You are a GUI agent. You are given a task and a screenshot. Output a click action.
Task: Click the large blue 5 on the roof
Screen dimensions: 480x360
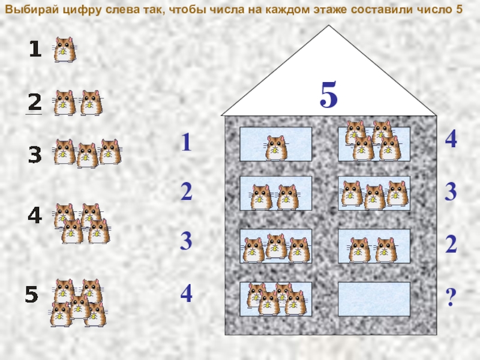click(329, 94)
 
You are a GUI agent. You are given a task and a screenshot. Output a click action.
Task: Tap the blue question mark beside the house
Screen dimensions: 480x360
click(451, 297)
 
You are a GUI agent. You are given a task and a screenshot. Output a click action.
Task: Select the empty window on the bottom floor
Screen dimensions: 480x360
click(374, 299)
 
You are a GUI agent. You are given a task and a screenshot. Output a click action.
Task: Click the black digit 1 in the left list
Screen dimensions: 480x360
click(35, 49)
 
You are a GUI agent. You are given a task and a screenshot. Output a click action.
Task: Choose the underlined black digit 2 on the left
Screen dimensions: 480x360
click(35, 102)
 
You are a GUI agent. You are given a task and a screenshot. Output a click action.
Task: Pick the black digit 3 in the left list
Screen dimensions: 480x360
click(35, 155)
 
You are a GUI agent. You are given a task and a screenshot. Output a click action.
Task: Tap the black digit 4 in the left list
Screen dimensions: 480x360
click(35, 215)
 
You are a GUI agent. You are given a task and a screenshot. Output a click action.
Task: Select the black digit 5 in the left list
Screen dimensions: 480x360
click(31, 294)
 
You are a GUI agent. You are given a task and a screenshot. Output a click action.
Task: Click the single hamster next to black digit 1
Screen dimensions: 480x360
click(65, 50)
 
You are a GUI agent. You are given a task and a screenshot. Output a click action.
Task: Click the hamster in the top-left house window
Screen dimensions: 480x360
click(276, 148)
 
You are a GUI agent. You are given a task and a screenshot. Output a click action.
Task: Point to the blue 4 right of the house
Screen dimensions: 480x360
click(451, 139)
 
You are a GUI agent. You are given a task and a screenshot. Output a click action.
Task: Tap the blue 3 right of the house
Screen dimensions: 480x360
click(451, 191)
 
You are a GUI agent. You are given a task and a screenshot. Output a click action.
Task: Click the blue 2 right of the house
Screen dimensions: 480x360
click(451, 244)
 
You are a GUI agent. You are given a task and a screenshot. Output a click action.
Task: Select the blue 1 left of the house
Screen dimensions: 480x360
click(187, 142)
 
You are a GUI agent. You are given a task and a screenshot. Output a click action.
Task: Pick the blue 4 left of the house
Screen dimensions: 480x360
click(186, 293)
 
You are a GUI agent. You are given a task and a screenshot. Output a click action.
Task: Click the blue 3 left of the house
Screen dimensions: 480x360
click(186, 241)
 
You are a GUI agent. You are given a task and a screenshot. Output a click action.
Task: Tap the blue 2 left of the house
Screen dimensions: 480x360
click(187, 191)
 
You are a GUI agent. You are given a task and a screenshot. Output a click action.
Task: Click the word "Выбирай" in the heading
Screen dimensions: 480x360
click(32, 10)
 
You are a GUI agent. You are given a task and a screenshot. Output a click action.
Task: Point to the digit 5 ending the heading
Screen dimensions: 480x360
click(459, 10)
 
